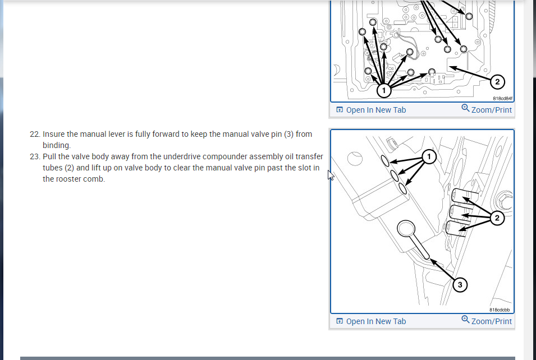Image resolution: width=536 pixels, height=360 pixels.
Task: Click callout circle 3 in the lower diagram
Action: coord(460,285)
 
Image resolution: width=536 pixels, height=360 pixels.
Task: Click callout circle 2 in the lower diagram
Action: coord(497,218)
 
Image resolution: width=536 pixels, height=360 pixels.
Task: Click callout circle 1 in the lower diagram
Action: coord(429,157)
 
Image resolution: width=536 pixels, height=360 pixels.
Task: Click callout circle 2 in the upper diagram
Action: coord(497,82)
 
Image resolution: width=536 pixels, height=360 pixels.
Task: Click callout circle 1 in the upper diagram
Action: coord(384,90)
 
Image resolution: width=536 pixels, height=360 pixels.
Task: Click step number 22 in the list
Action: coord(35,134)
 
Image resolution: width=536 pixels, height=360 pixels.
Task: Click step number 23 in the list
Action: coord(35,157)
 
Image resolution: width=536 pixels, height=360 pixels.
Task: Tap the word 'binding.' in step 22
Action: coord(57,145)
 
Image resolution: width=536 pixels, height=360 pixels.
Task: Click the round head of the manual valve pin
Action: coord(406,228)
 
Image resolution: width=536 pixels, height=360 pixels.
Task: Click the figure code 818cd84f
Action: coord(502,98)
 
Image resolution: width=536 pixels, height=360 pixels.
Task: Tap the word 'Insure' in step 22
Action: coord(53,134)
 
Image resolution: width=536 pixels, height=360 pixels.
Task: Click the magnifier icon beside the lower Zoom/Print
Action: coord(465,320)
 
